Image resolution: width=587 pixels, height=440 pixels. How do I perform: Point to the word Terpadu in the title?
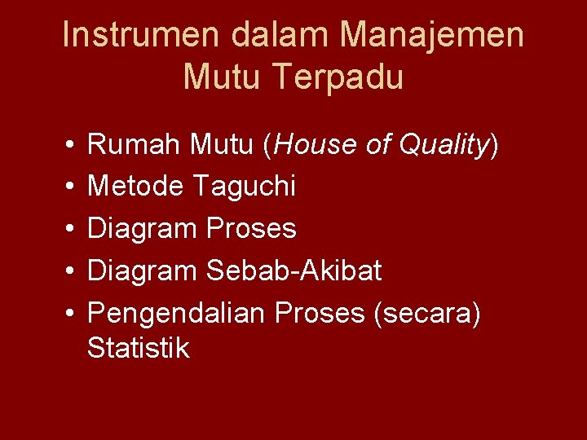pos(339,77)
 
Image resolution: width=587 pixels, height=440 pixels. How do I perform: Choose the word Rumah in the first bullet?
pos(135,146)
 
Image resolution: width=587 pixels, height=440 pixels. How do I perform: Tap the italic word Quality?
pos(445,146)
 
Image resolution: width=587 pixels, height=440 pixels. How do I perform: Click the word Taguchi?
pos(245,187)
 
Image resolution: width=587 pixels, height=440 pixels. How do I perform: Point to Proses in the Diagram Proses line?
pos(252,229)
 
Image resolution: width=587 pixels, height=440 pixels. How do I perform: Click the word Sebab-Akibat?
pos(294,271)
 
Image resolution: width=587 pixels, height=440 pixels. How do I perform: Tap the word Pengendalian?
pos(177,312)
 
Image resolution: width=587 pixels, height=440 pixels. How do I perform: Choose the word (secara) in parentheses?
pos(426,312)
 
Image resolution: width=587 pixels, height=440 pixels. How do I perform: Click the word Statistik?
pos(138,349)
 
